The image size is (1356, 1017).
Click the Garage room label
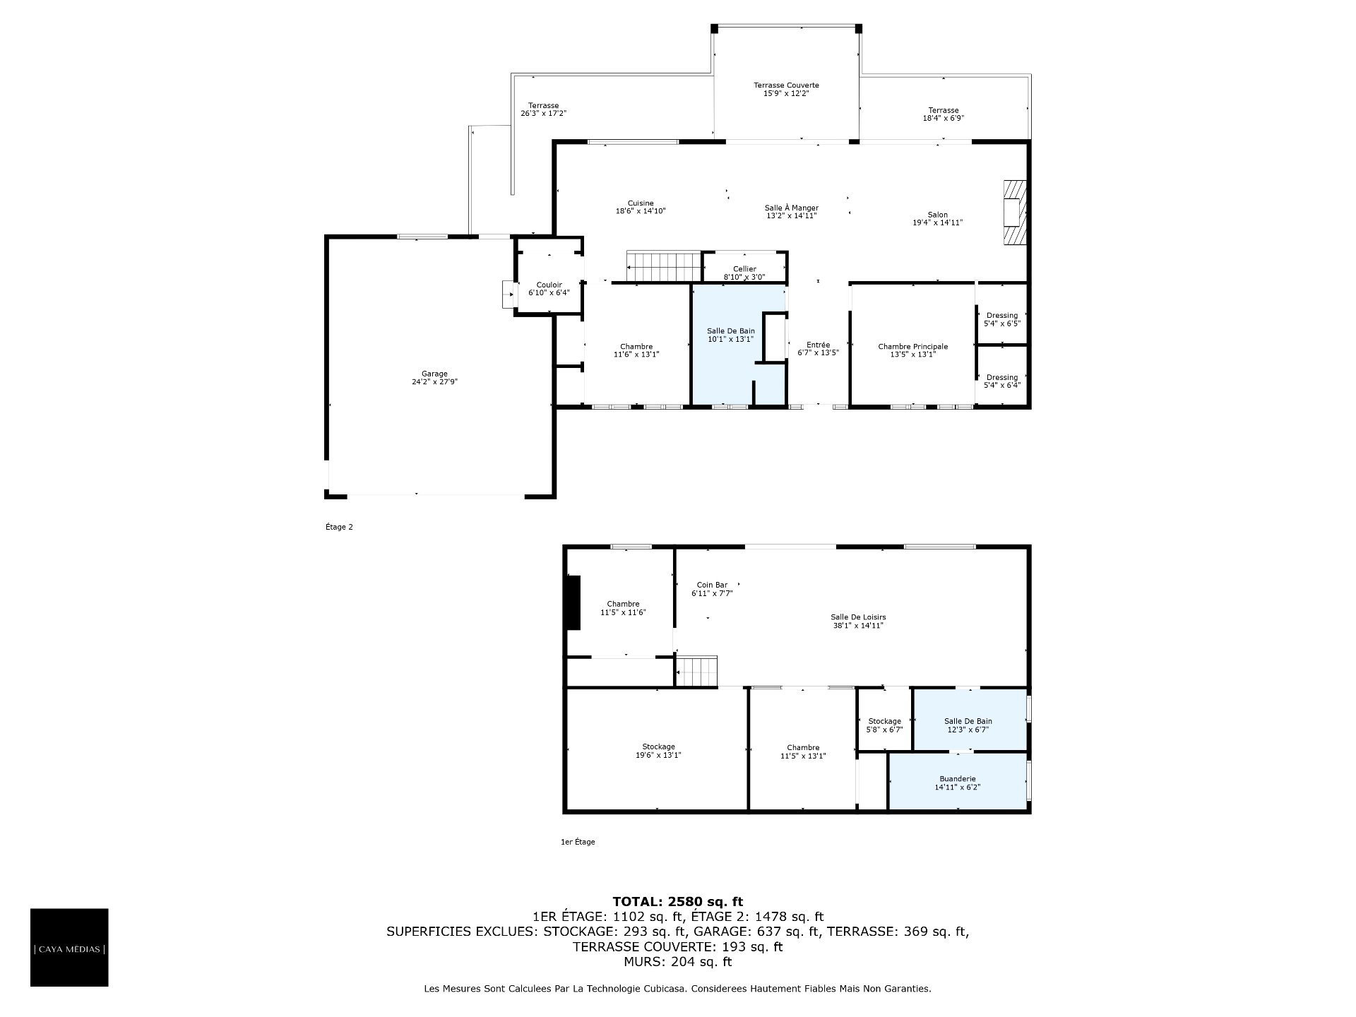click(x=434, y=378)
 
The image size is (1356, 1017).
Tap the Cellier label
click(x=744, y=273)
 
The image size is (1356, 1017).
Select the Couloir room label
click(x=549, y=289)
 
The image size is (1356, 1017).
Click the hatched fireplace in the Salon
click(x=1015, y=212)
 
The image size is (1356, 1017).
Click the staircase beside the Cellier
click(x=663, y=267)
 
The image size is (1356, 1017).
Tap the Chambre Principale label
click(x=912, y=350)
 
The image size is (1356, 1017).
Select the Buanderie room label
click(x=958, y=783)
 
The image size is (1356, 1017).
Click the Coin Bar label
click(x=712, y=589)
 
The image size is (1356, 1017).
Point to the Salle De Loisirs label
click(x=858, y=621)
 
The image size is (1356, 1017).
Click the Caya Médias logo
click(x=69, y=947)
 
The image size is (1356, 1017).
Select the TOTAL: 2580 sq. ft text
click(x=677, y=901)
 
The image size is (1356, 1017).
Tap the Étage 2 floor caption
click(x=339, y=527)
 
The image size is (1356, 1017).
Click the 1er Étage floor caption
click(x=578, y=842)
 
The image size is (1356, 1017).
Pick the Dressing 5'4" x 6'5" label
click(x=1002, y=319)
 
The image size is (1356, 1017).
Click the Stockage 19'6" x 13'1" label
click(x=658, y=751)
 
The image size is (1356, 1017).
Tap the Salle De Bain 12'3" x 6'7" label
click(x=968, y=725)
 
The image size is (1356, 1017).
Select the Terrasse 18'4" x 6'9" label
click(x=944, y=114)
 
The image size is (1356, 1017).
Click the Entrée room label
click(x=818, y=349)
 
